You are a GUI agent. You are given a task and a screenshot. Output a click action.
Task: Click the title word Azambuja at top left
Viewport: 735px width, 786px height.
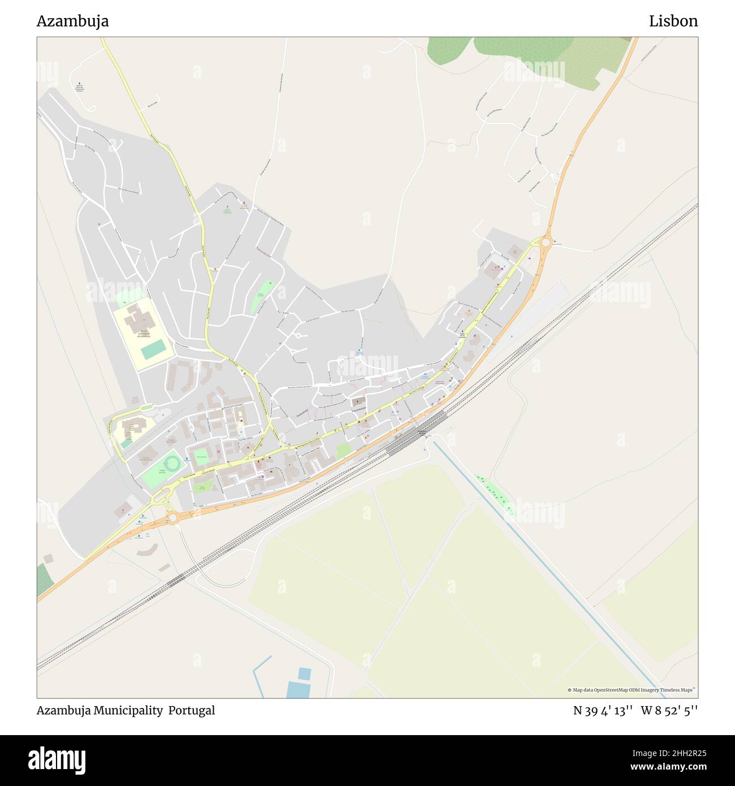(72, 21)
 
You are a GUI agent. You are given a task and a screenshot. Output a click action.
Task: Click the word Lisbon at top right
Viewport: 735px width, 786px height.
(673, 21)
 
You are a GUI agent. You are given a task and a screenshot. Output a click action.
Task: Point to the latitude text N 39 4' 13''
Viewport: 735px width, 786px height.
(603, 710)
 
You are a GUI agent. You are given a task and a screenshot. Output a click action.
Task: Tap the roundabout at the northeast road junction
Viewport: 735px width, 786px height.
(546, 243)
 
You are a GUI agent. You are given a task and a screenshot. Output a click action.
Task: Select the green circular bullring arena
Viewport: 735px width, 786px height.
(173, 464)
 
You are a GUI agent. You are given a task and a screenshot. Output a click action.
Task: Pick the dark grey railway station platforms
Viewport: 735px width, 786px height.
(416, 433)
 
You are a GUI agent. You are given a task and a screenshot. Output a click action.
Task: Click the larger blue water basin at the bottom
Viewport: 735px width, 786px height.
(298, 690)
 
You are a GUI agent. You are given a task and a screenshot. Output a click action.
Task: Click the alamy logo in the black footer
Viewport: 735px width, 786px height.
(57, 760)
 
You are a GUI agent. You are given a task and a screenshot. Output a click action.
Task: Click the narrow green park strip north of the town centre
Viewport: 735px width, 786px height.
(262, 296)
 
